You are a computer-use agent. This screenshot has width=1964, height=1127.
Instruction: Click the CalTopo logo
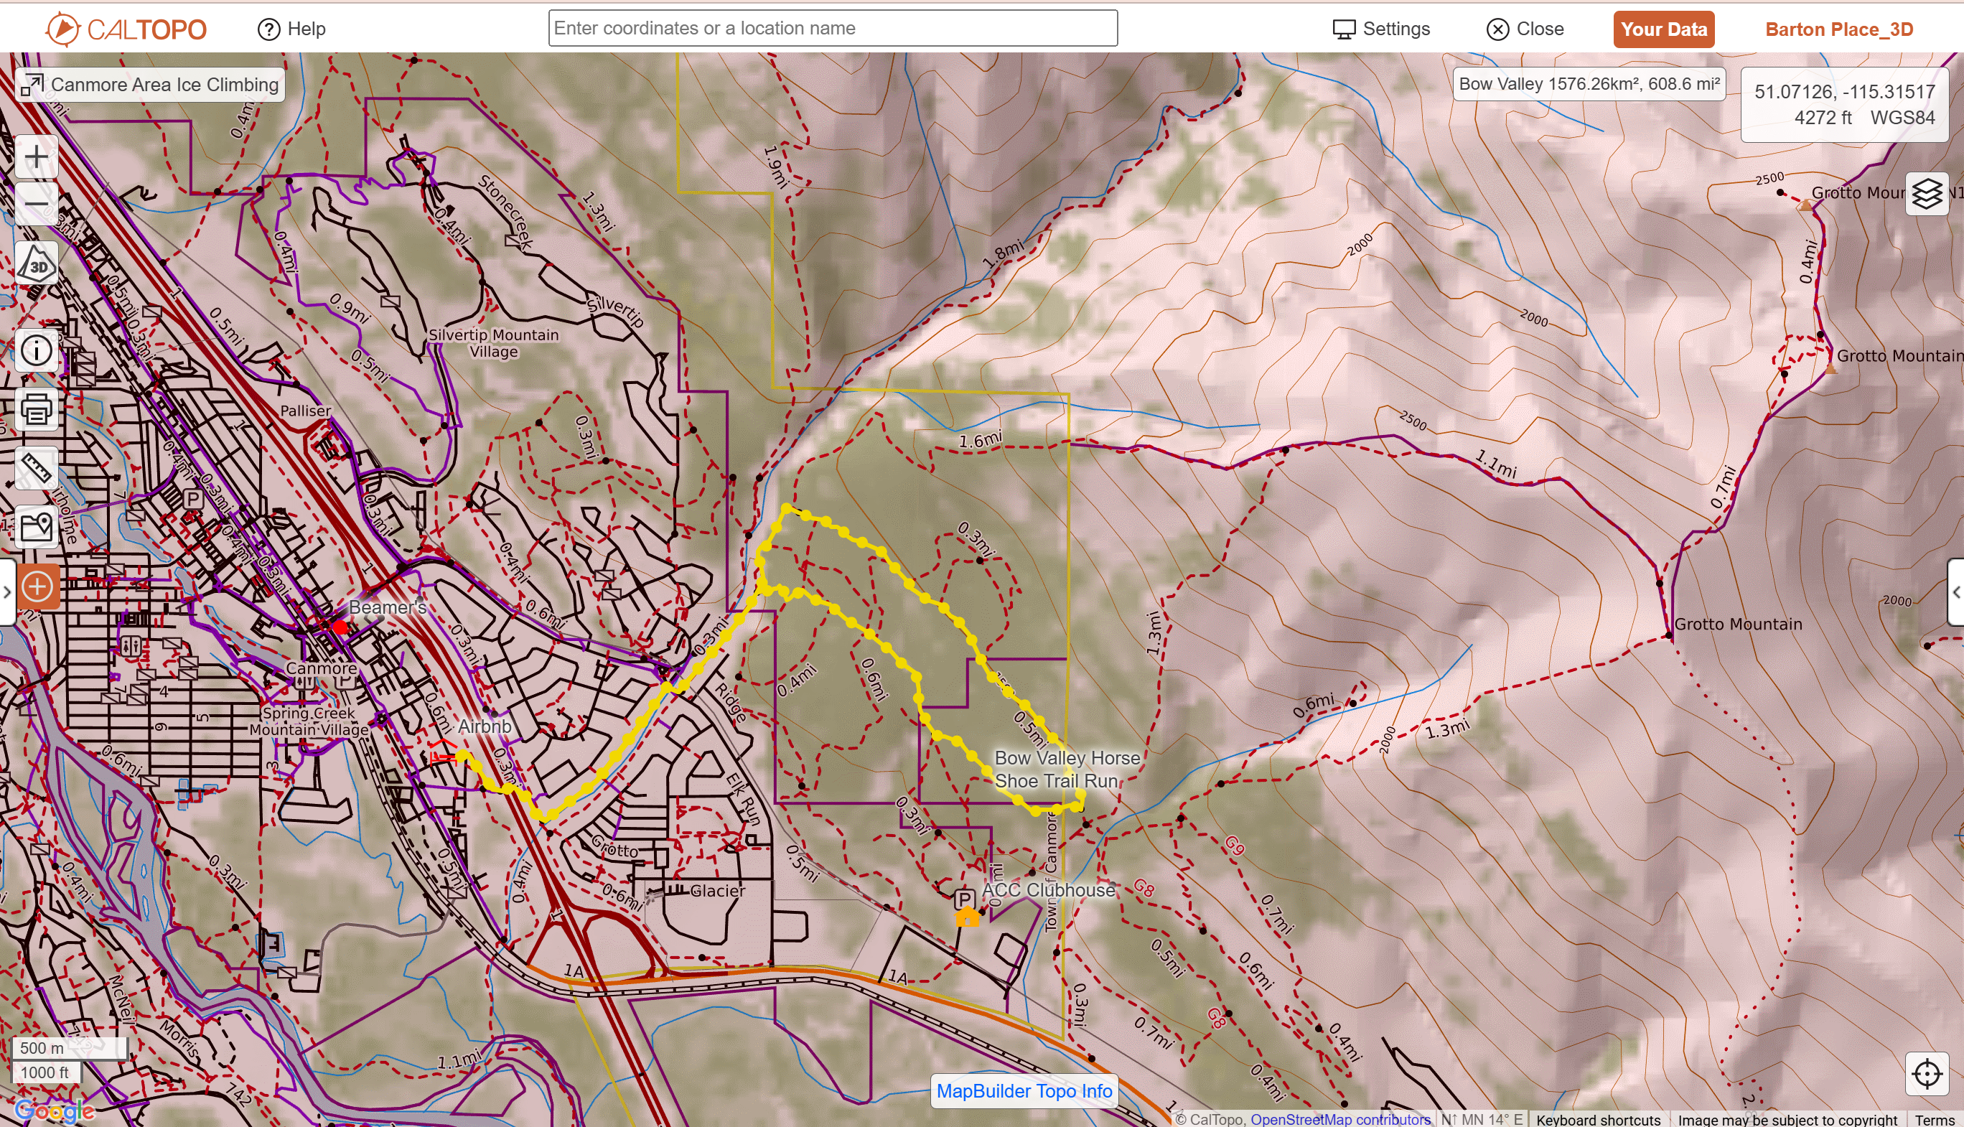pyautogui.click(x=126, y=29)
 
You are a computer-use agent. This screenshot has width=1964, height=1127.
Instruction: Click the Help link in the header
pyautogui.click(x=291, y=29)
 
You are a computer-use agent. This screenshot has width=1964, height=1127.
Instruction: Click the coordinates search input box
pyautogui.click(x=832, y=29)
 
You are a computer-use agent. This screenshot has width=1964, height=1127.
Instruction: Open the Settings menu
pyautogui.click(x=1381, y=29)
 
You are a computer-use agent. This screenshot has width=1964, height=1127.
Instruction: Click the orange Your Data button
pyautogui.click(x=1663, y=29)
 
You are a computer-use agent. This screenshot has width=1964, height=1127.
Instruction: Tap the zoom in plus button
pyautogui.click(x=37, y=157)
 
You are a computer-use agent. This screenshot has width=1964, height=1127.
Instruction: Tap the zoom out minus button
pyautogui.click(x=37, y=204)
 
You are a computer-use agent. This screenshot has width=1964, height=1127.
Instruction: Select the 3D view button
pyautogui.click(x=37, y=265)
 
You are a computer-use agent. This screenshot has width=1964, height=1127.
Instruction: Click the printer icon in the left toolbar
pyautogui.click(x=37, y=409)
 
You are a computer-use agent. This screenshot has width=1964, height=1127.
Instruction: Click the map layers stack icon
pyautogui.click(x=1926, y=194)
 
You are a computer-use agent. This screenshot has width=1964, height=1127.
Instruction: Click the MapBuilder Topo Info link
pyautogui.click(x=1024, y=1090)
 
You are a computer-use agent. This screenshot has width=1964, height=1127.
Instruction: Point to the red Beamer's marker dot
pyautogui.click(x=340, y=625)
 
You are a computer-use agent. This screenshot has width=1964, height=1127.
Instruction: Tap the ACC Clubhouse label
pyautogui.click(x=1048, y=890)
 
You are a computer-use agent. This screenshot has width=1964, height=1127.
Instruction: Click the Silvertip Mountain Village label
pyautogui.click(x=493, y=343)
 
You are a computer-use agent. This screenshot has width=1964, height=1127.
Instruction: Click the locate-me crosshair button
pyautogui.click(x=1926, y=1074)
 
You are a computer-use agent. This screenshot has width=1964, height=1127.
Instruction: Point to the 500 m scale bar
pyautogui.click(x=68, y=1048)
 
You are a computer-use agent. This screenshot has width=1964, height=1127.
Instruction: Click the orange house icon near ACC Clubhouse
pyautogui.click(x=966, y=918)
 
